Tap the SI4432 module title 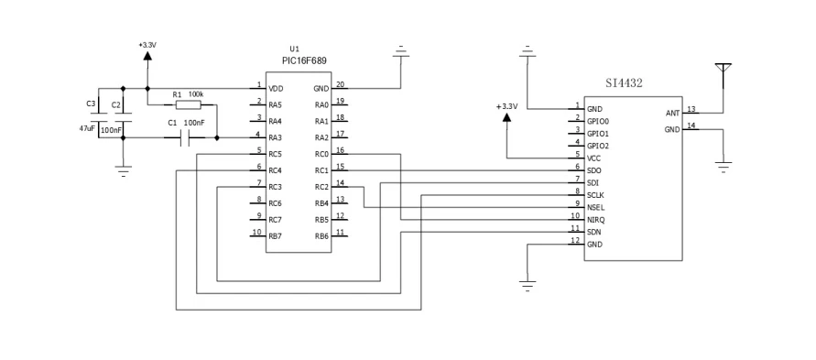pyautogui.click(x=624, y=83)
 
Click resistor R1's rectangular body pyautogui.click(x=188, y=105)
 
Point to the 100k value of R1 pyautogui.click(x=196, y=94)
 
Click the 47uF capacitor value pyautogui.click(x=87, y=128)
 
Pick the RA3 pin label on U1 pyautogui.click(x=276, y=137)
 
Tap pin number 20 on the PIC pyautogui.click(x=340, y=84)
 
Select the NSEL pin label pyautogui.click(x=596, y=207)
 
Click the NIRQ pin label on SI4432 pyautogui.click(x=596, y=220)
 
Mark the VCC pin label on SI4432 pyautogui.click(x=594, y=158)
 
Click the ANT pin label pyautogui.click(x=672, y=114)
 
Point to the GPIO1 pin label pyautogui.click(x=598, y=134)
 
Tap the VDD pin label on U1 pyautogui.click(x=276, y=89)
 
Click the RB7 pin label pyautogui.click(x=276, y=236)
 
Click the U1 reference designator pyautogui.click(x=295, y=49)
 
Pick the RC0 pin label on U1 pyautogui.click(x=321, y=155)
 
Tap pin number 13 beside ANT pyautogui.click(x=691, y=109)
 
